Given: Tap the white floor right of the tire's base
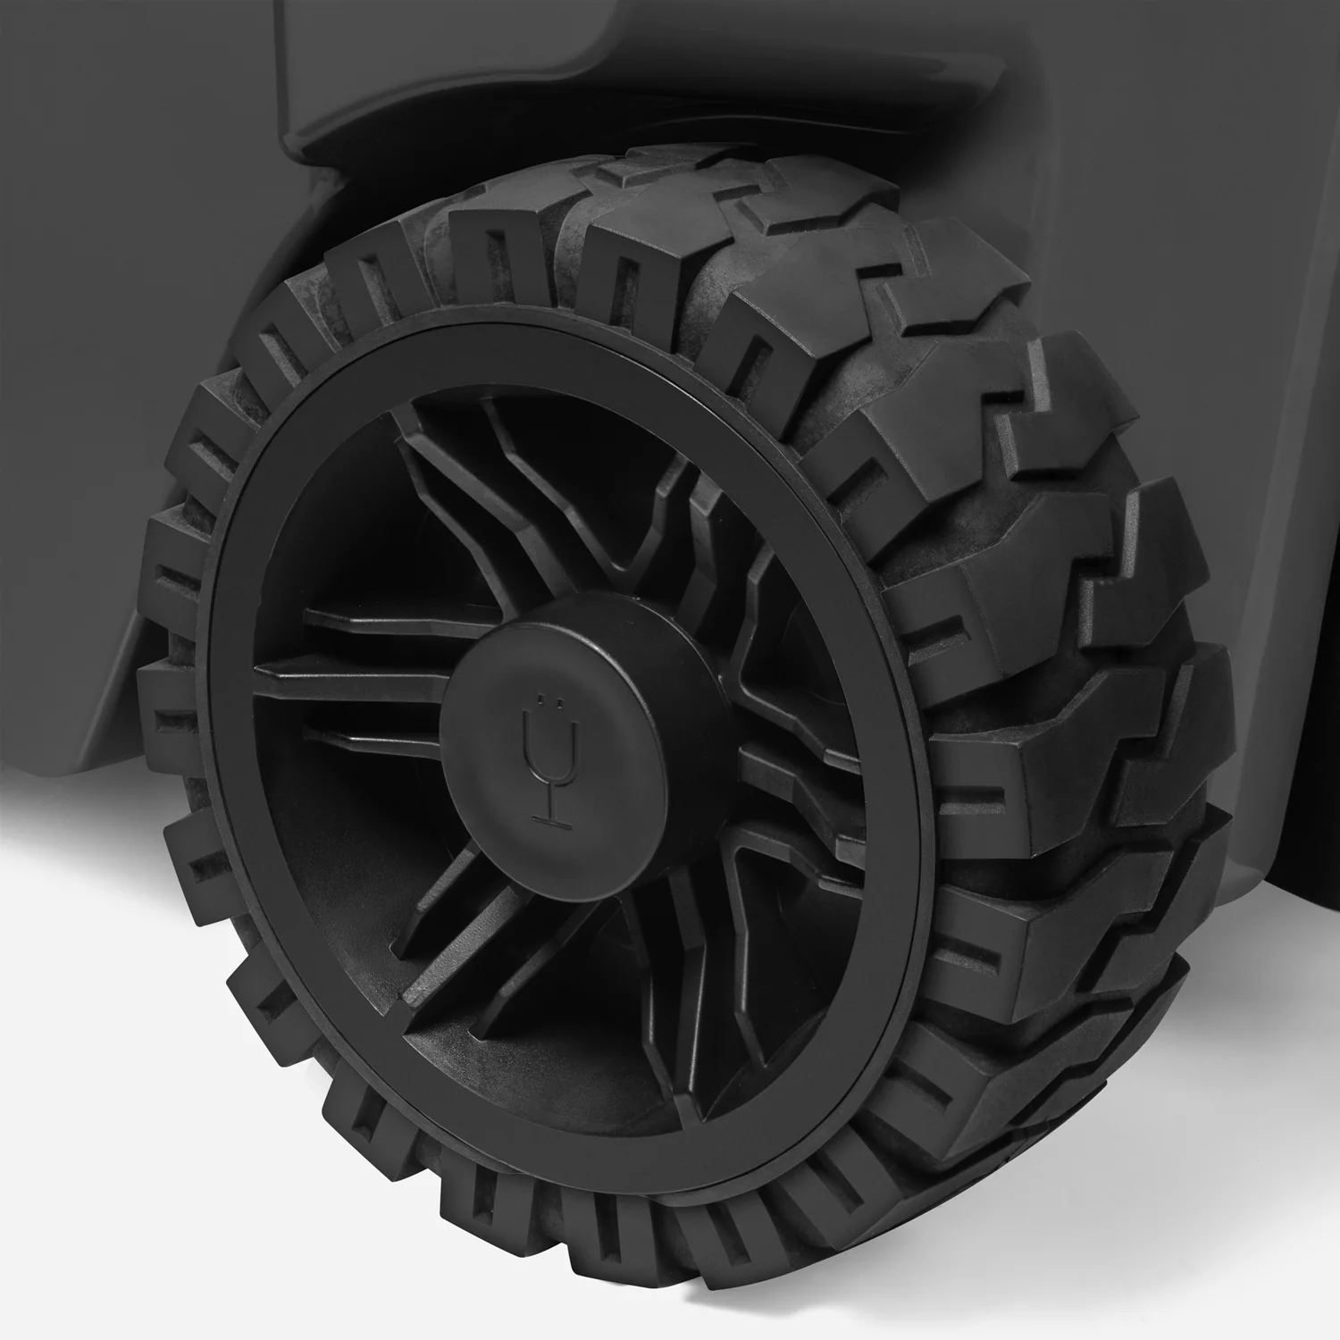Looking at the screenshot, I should point(1251,1206).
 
